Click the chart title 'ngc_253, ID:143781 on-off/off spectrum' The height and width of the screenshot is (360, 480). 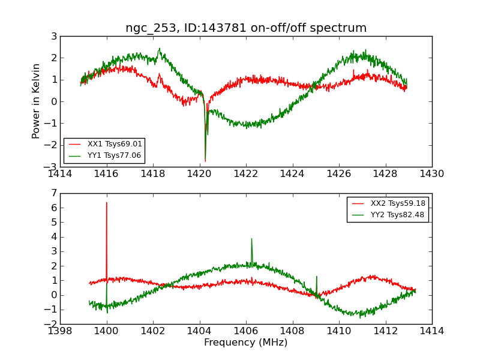pyautogui.click(x=246, y=28)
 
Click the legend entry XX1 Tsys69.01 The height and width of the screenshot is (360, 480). pyautogui.click(x=115, y=144)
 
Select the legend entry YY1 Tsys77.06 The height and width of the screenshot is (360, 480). pyautogui.click(x=115, y=155)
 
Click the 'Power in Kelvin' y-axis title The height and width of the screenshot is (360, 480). pyautogui.click(x=36, y=101)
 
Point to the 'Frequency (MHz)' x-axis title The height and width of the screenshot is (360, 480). pyautogui.click(x=246, y=343)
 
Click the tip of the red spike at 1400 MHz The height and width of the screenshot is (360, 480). pyautogui.click(x=107, y=203)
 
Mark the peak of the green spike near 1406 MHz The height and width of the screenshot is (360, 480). pyautogui.click(x=251, y=239)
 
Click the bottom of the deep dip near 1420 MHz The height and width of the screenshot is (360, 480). pyautogui.click(x=205, y=161)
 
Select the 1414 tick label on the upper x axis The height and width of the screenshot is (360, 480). pyautogui.click(x=61, y=174)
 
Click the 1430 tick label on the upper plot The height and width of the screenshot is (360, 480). pyautogui.click(x=431, y=174)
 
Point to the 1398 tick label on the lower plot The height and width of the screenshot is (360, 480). pyautogui.click(x=61, y=331)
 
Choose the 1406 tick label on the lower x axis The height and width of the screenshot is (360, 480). pyautogui.click(x=246, y=331)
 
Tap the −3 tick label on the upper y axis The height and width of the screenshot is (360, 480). pyautogui.click(x=52, y=167)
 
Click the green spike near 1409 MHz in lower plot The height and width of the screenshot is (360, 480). pyautogui.click(x=316, y=277)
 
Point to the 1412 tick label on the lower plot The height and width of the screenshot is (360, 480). pyautogui.click(x=385, y=331)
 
